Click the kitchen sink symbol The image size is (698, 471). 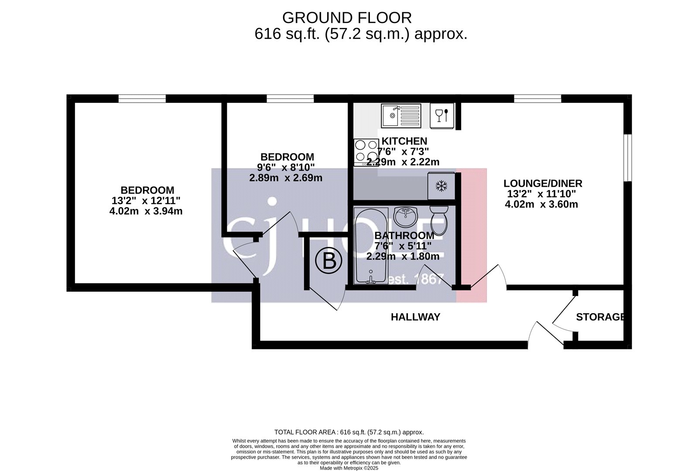pyautogui.click(x=401, y=116)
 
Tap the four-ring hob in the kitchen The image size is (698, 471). pyautogui.click(x=366, y=152)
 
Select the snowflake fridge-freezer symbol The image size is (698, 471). pyautogui.click(x=441, y=186)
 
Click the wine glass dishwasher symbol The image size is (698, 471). pyautogui.click(x=442, y=116)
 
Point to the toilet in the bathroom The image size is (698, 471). pyautogui.click(x=439, y=221)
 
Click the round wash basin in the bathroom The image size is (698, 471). pyautogui.click(x=405, y=217)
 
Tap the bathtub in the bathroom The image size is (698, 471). pyautogui.click(x=371, y=246)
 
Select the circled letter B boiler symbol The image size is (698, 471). pyautogui.click(x=329, y=261)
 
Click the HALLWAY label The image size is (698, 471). pyautogui.click(x=415, y=317)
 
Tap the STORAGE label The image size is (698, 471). pyautogui.click(x=600, y=317)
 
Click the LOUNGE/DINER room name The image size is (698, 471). pyautogui.click(x=543, y=183)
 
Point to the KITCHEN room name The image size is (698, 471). pyautogui.click(x=404, y=141)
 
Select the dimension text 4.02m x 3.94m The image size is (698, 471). pyautogui.click(x=146, y=211)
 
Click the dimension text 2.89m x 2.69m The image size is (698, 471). pyautogui.click(x=286, y=178)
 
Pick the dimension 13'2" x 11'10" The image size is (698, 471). pyautogui.click(x=541, y=194)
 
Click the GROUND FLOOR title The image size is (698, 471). pyautogui.click(x=347, y=18)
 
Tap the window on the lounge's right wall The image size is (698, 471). pyautogui.click(x=628, y=157)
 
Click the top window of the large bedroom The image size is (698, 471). pyautogui.click(x=142, y=99)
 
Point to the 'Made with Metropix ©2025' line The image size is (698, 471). pyautogui.click(x=349, y=468)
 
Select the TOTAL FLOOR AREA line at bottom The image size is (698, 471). pyautogui.click(x=349, y=432)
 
